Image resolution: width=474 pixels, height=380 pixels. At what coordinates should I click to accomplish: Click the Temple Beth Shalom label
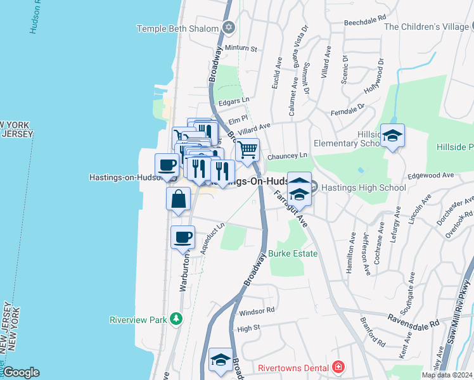click(178, 28)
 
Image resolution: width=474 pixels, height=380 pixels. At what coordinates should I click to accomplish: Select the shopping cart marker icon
click(248, 150)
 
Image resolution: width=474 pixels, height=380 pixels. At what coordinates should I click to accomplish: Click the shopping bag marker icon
click(179, 198)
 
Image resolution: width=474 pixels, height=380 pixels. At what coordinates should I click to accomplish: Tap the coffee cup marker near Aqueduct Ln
click(183, 237)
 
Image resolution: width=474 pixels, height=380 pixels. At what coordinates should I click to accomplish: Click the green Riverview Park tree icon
click(176, 320)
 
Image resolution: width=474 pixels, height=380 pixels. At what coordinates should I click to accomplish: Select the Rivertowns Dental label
click(294, 367)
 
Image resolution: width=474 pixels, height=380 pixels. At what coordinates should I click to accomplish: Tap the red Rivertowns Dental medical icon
click(339, 367)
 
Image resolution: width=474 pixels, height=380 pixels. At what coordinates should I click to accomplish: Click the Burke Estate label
click(293, 253)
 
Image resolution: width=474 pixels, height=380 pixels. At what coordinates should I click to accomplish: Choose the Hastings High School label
click(363, 187)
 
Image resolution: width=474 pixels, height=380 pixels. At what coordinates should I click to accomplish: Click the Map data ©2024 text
click(447, 375)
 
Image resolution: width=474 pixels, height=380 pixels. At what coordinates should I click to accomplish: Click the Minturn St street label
click(240, 48)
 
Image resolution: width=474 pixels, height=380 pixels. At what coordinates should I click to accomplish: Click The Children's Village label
click(427, 27)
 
